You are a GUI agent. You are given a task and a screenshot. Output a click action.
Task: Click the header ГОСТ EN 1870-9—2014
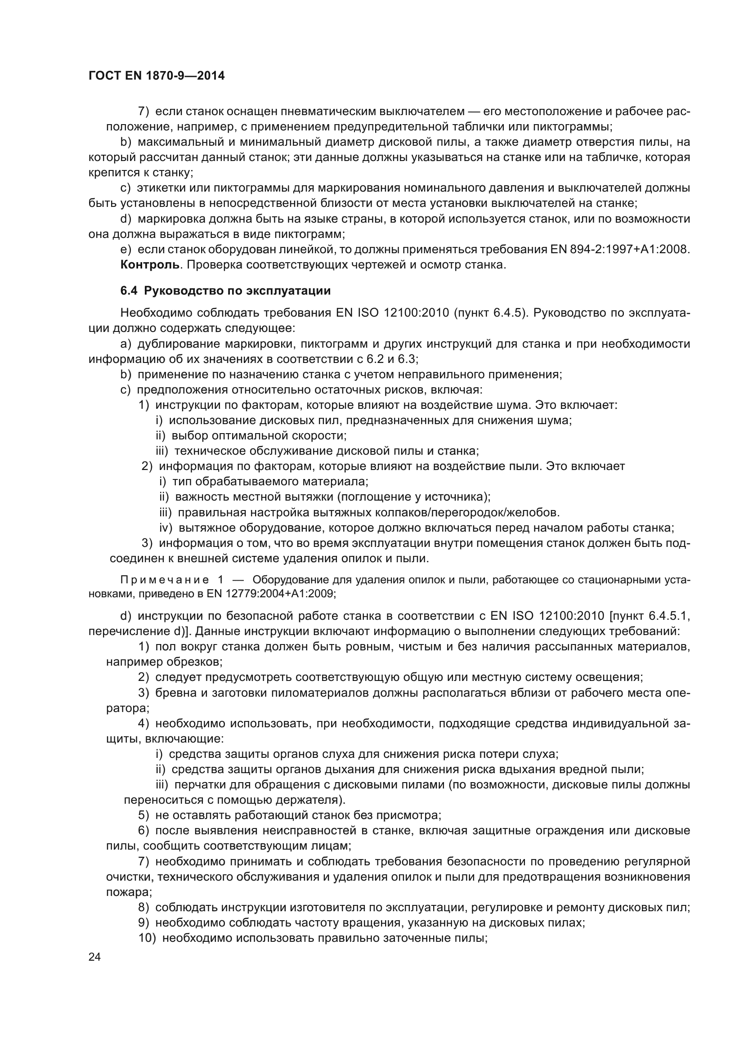pos(156,76)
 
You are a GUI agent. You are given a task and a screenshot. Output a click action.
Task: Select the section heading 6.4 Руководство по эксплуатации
pos(225,291)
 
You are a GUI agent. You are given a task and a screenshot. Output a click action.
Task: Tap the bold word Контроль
pos(149,265)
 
